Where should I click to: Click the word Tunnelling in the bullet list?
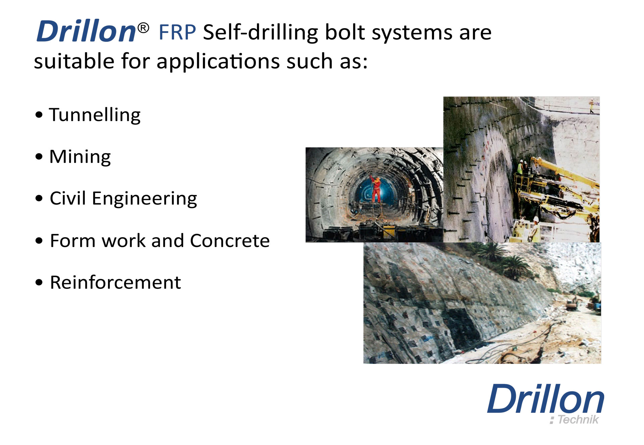(x=95, y=115)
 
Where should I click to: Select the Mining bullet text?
(x=80, y=156)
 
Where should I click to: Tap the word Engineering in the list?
(x=145, y=199)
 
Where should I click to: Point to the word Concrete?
(x=230, y=241)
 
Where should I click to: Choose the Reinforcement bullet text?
(x=115, y=282)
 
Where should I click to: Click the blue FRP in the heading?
(x=177, y=32)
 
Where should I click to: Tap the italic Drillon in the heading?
(x=87, y=31)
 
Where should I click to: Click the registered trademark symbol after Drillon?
(x=143, y=28)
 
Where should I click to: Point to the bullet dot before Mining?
(x=39, y=156)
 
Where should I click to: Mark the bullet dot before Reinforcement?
(x=39, y=282)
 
